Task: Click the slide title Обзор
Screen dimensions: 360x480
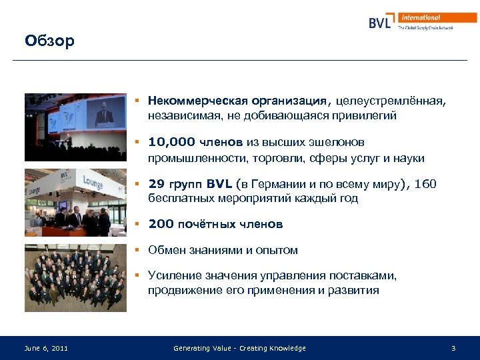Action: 49,41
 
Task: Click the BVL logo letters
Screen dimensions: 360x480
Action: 381,22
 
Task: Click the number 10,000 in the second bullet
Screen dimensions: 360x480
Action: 171,142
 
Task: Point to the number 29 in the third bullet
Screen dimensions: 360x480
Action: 156,183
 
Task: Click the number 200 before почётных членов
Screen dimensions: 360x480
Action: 159,225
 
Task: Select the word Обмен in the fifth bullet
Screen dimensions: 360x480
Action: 166,251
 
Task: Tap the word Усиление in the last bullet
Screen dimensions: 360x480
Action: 173,276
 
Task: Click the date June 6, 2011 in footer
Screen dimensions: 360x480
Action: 46,348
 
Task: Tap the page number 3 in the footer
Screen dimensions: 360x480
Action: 453,348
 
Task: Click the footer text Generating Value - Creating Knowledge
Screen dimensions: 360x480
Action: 239,348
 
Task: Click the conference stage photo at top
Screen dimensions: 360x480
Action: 75,127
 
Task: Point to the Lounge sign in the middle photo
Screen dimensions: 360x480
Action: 93,180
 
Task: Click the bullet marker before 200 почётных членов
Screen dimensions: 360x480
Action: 136,225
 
